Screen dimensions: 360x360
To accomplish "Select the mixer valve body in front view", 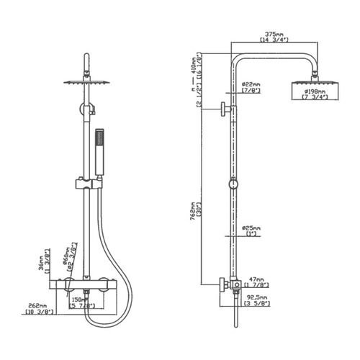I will (x=86, y=284).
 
